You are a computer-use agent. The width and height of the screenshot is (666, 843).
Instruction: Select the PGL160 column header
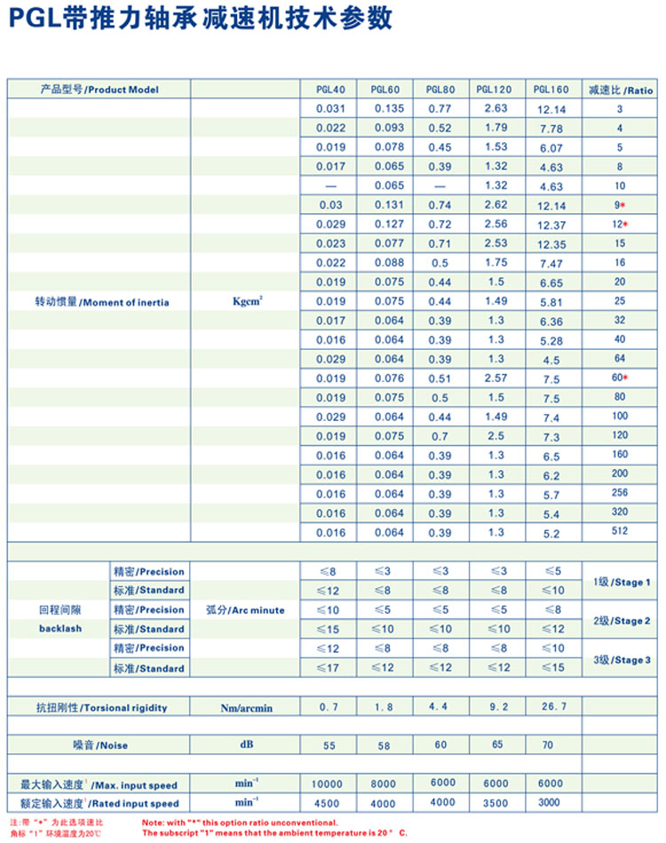[x=551, y=90]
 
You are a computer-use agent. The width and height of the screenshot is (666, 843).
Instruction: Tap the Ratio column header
[x=620, y=90]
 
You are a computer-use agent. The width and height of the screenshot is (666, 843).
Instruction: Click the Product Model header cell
[x=99, y=90]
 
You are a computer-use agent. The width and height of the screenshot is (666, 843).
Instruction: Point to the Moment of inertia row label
[x=99, y=302]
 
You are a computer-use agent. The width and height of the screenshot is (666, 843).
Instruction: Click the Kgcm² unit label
[x=246, y=302]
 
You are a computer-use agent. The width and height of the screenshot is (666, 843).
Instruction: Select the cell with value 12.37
[x=551, y=224]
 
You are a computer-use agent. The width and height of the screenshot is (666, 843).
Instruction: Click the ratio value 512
[x=620, y=531]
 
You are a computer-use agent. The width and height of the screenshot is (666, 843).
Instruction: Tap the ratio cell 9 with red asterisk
[x=620, y=205]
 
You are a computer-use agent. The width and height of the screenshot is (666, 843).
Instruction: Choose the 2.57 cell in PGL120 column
[x=496, y=378]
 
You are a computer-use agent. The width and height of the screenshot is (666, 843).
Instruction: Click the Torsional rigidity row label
[x=100, y=708]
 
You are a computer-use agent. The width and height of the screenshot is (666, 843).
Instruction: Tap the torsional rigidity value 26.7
[x=551, y=708]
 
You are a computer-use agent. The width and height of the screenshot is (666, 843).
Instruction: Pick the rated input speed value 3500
[x=496, y=803]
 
